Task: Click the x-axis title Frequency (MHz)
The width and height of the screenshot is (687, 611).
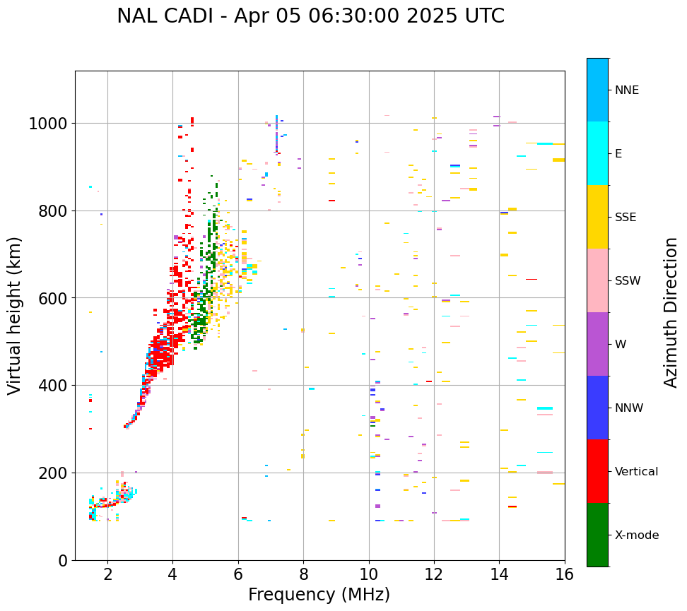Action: [319, 595]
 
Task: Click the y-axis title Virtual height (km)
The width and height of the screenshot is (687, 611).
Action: [16, 316]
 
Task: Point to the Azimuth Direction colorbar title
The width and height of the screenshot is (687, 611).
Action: [671, 312]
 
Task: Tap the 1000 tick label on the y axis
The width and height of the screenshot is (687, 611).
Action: [48, 124]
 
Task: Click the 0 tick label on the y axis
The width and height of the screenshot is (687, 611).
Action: [63, 560]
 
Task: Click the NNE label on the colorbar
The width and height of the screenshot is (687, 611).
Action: [627, 90]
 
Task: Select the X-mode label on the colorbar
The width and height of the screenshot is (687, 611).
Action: [637, 535]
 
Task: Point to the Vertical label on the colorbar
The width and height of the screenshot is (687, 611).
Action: [636, 472]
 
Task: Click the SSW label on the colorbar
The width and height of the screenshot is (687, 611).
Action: [628, 281]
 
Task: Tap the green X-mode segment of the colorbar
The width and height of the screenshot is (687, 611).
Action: [597, 535]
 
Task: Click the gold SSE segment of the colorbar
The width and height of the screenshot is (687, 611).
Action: [597, 217]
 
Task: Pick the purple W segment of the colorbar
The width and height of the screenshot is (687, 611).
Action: [597, 344]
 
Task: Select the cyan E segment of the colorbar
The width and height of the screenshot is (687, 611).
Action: [597, 153]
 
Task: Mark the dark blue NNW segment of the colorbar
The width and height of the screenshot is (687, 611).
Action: [597, 408]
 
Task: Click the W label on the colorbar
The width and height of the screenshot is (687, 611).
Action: [620, 345]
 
